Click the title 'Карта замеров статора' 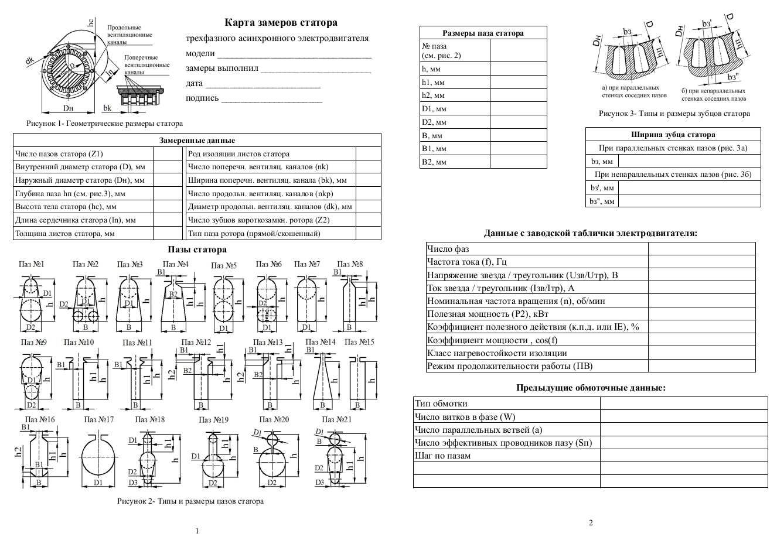click(281, 23)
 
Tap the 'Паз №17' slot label click(98, 420)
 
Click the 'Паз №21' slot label click(338, 420)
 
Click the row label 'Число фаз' click(448, 249)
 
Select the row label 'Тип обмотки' click(441, 404)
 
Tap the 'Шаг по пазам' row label click(442, 456)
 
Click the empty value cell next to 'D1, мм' click(518, 109)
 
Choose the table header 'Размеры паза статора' click(483, 33)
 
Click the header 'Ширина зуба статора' click(673, 135)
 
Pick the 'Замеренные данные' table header click(197, 141)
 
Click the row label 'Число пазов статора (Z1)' click(59, 154)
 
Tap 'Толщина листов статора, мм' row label click(64, 233)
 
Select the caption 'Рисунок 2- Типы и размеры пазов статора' click(190, 501)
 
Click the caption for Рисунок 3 click(674, 114)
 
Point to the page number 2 click(591, 523)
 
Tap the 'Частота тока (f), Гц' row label click(467, 262)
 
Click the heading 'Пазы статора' click(197, 250)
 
